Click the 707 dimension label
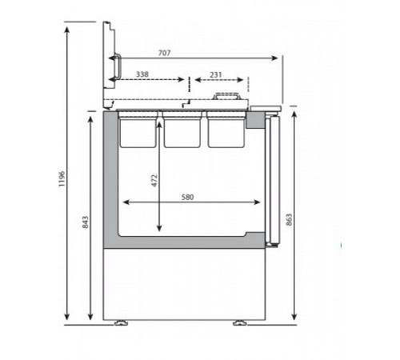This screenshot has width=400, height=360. click(164, 53)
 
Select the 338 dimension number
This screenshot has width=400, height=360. click(142, 74)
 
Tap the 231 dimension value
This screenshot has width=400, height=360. click(216, 75)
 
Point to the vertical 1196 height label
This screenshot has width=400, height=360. click(62, 178)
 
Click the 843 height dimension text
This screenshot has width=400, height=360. click(85, 222)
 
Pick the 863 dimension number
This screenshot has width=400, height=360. click(289, 219)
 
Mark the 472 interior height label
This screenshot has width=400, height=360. click(154, 181)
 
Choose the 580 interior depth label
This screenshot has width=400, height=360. click(187, 197)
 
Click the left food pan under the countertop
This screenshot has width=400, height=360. click(138, 130)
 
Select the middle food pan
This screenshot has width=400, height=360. click(182, 130)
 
